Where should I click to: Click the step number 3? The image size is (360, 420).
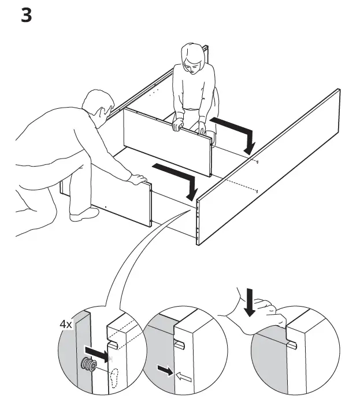coord(27,15)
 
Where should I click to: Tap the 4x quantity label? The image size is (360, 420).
coord(66,325)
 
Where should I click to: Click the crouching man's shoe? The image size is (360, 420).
coord(84,214)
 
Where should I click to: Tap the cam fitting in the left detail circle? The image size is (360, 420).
coord(88,365)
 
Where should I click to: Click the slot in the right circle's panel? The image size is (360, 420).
coord(293,346)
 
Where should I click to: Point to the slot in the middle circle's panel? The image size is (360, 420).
coord(179,344)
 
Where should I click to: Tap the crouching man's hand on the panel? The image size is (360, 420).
coord(136,179)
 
